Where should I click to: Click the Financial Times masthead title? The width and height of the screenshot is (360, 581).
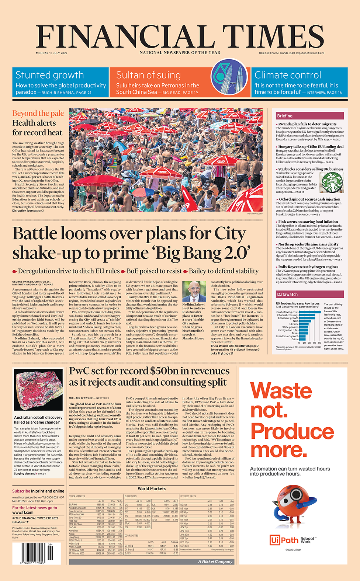tap(180, 36)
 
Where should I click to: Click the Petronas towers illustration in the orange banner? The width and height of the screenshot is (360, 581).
tap(229, 78)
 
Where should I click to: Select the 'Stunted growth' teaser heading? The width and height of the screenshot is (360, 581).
tap(50, 75)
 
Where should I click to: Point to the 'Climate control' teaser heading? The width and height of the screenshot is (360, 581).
tap(288, 75)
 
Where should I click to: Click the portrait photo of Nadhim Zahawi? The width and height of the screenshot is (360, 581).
tap(194, 291)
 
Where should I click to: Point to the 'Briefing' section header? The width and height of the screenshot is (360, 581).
tap(285, 116)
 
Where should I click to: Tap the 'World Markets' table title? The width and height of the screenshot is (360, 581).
tap(152, 488)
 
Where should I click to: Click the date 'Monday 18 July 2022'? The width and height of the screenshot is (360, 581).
tap(52, 53)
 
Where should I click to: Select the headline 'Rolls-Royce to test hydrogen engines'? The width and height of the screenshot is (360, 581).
tap(308, 267)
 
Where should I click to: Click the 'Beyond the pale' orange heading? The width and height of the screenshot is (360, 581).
tap(38, 113)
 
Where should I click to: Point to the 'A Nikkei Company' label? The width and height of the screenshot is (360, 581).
tap(215, 561)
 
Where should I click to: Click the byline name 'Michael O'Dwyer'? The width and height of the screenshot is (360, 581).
tap(81, 398)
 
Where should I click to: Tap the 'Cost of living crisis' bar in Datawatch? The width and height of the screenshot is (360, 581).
tap(309, 312)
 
